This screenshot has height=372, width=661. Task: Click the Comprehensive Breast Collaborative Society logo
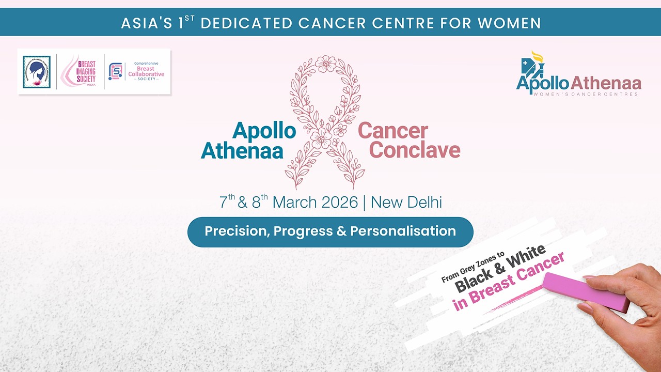click(137, 71)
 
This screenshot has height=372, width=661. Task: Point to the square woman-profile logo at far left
click(37, 72)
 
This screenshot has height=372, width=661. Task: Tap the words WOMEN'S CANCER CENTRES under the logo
click(586, 94)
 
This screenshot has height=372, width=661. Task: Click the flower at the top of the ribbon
click(325, 64)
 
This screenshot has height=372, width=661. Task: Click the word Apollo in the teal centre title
click(264, 131)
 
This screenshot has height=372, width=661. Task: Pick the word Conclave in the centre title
click(415, 150)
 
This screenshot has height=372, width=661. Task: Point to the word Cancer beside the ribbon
click(393, 131)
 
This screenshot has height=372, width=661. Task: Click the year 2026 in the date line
click(339, 202)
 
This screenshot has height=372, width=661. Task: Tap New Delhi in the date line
click(406, 202)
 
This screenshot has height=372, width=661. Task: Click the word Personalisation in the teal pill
click(403, 231)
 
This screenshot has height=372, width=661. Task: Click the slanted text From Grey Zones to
click(472, 268)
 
